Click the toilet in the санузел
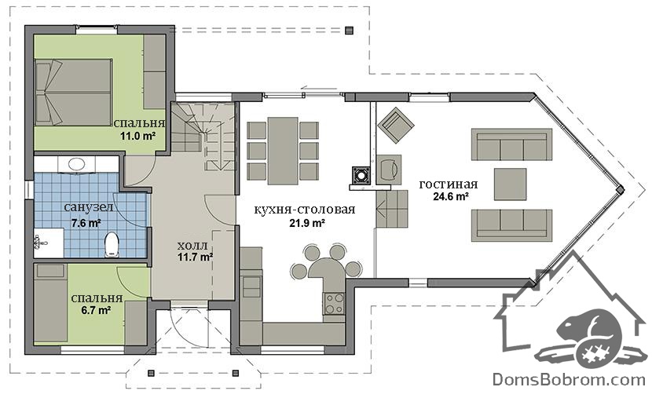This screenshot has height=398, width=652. tap(112, 244)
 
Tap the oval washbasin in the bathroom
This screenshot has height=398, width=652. tap(76, 164)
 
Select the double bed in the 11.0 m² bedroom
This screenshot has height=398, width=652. tap(74, 92)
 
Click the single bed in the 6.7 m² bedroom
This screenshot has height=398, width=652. tap(51, 302)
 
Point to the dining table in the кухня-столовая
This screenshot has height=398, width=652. tap(283, 151)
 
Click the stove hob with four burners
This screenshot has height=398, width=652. tap(334, 303)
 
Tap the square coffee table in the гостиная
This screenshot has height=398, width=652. tap(510, 184)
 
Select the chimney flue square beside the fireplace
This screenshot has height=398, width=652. tap(360, 175)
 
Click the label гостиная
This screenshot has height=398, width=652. tap(449, 184)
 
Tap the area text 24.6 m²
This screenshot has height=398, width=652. tap(451, 196)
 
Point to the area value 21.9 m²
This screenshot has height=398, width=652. tap(307, 223)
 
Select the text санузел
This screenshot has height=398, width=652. tap(89, 207)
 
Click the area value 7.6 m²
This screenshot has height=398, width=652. tap(86, 223)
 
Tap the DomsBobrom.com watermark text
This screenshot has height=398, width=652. tap(569, 379)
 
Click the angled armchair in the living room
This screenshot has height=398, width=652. tap(396, 125)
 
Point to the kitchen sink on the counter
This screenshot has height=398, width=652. tap(251, 287)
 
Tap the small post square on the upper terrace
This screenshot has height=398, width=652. tap(349, 30)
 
